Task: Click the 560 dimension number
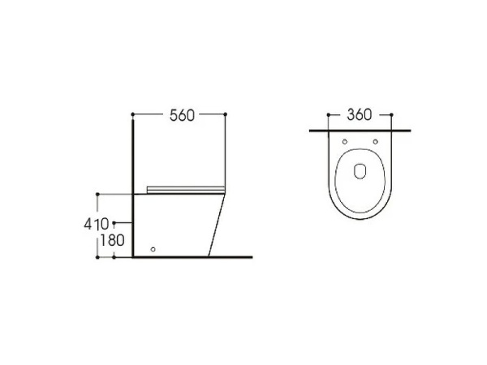pos(182,115)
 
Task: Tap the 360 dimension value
pos(359,115)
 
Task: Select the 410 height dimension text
pos(97,224)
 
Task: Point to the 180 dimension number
pos(112,241)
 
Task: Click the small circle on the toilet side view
pos(153,249)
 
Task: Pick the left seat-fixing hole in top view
pos(345,142)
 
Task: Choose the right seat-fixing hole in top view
pos(376,142)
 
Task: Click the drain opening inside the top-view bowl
pos(360,171)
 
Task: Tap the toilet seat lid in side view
pos(186,190)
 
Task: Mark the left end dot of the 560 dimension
pos(132,114)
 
